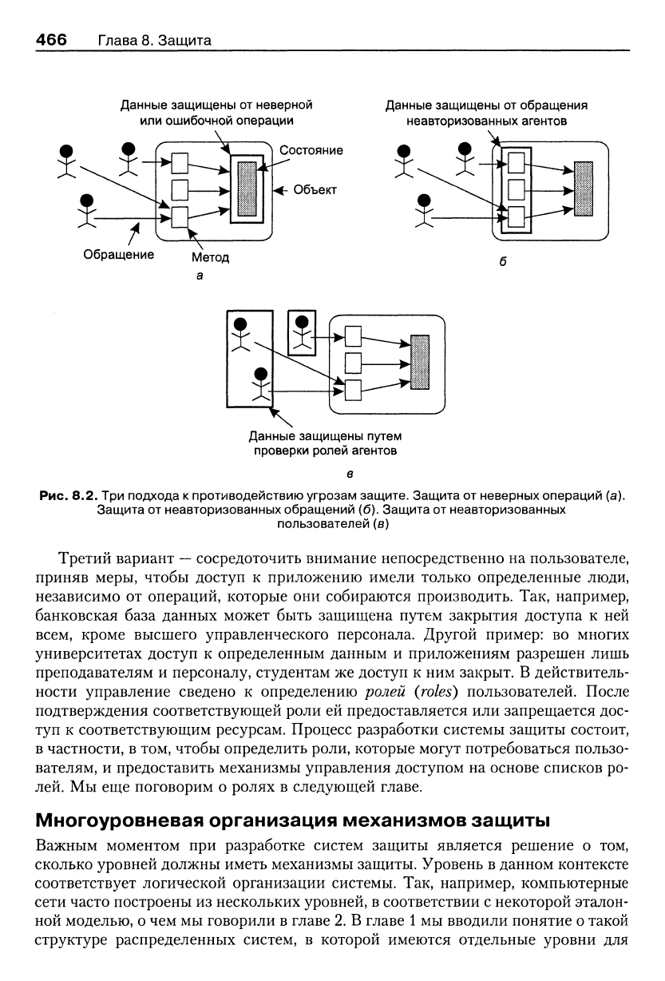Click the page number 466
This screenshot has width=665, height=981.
51,40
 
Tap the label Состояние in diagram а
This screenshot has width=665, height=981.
311,150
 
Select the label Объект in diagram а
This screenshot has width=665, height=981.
315,189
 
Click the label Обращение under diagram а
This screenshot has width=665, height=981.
119,255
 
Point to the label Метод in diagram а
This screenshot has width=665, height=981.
210,257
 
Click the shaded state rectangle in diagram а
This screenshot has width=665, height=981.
247,189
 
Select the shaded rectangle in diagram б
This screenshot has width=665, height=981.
583,189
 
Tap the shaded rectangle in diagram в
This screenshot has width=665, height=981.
420,362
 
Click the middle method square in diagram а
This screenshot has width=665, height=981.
180,190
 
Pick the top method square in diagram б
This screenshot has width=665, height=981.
517,163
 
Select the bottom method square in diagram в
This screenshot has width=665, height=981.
353,390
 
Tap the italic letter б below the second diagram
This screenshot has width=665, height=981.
503,262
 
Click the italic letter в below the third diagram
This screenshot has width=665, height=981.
350,474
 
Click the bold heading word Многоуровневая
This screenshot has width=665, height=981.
120,820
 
